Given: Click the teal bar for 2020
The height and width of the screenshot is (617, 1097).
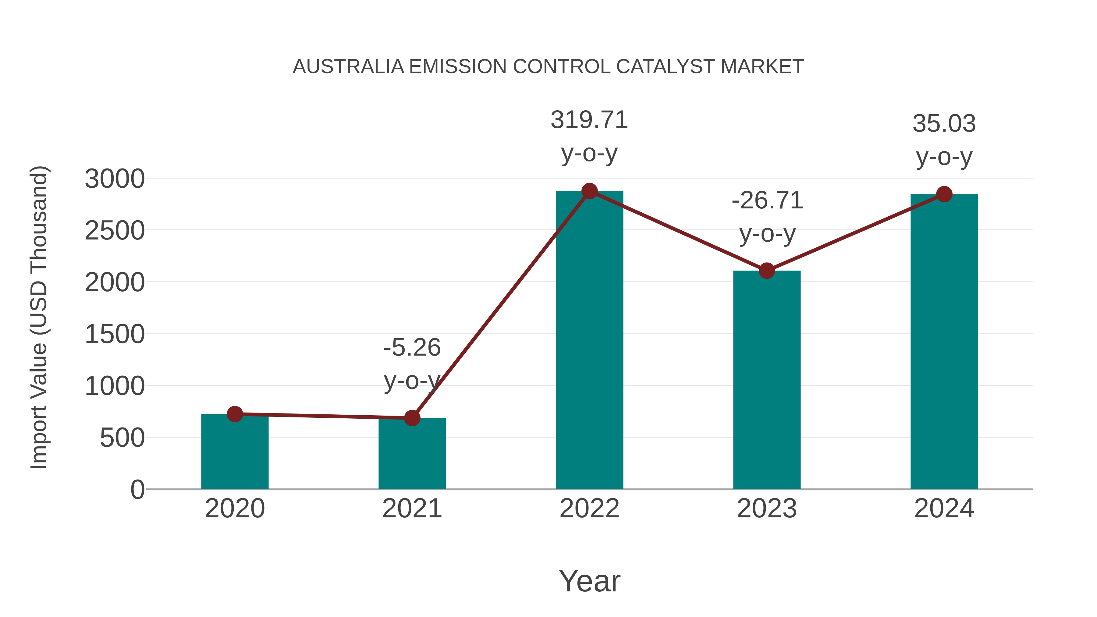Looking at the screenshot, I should (x=235, y=453).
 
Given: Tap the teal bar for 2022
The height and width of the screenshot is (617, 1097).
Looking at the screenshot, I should (x=589, y=341).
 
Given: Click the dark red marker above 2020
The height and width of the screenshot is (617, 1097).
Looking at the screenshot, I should (x=235, y=414).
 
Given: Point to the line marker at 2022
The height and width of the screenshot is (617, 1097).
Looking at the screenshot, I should (x=589, y=191).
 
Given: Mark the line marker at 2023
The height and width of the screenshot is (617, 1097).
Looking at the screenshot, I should (x=767, y=271).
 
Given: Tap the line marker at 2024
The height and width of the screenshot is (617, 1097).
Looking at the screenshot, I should (x=944, y=194).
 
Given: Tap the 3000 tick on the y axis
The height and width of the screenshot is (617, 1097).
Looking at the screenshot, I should (x=115, y=179).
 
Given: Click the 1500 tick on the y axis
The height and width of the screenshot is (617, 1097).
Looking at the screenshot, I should (x=115, y=334).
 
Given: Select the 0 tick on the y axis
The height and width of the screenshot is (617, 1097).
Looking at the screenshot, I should (x=137, y=490).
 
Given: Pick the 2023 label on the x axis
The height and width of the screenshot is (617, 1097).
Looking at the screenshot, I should (x=767, y=509).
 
